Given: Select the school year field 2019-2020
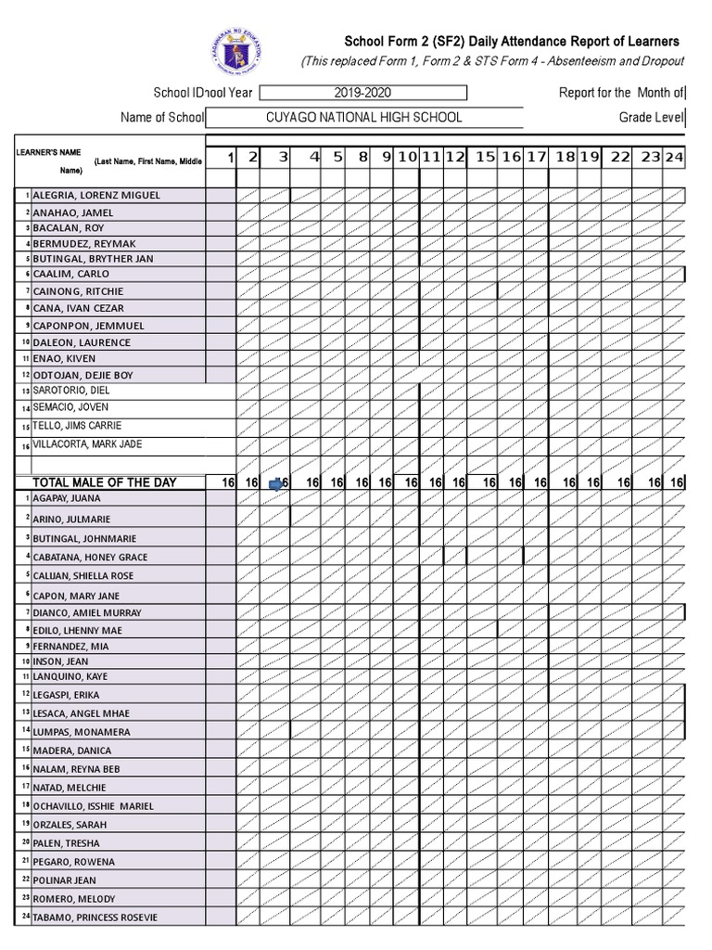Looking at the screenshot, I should [x=362, y=93].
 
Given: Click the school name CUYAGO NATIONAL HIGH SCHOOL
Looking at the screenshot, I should [x=363, y=118].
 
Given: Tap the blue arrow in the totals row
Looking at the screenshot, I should [x=276, y=483].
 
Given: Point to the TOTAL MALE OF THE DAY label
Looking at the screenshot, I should [x=104, y=482].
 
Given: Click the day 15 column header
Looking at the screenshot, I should [x=485, y=158].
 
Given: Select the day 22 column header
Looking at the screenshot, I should [x=620, y=158].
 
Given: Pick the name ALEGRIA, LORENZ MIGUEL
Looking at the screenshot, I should [x=96, y=196].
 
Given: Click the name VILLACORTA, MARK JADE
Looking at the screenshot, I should [x=87, y=444].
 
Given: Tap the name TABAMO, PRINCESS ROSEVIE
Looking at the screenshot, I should [x=95, y=918].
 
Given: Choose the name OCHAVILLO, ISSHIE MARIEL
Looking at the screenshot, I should [x=94, y=806].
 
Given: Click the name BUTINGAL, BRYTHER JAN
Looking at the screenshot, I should [x=93, y=259].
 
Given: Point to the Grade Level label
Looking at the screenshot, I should [x=651, y=118].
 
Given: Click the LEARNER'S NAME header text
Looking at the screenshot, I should [x=47, y=152].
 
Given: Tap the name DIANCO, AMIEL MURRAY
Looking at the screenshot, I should [x=87, y=613].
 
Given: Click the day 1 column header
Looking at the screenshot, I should [x=229, y=158].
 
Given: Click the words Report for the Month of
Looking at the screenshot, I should [x=621, y=93].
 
